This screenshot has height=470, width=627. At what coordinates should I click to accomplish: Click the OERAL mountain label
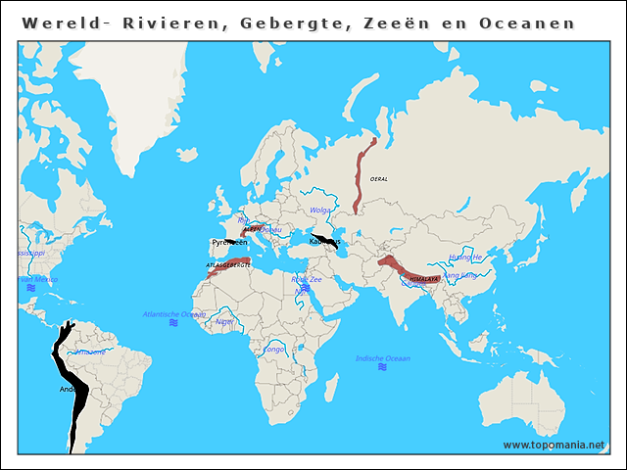point(379,179)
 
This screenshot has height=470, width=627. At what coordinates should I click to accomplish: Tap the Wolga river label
point(319,210)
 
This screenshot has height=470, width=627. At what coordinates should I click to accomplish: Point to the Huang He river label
point(465,258)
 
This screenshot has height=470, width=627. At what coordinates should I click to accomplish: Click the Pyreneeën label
point(229,242)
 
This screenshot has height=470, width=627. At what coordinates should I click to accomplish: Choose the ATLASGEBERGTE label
point(227,265)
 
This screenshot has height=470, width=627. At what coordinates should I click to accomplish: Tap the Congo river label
point(274,349)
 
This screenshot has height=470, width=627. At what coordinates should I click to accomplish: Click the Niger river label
point(224,320)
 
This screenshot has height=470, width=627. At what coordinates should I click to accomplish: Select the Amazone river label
point(90,351)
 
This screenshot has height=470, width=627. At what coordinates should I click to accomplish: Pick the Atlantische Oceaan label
point(174,314)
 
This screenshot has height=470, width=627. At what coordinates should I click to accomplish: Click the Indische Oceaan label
point(382,358)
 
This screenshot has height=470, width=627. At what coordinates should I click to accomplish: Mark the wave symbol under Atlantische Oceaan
point(172,323)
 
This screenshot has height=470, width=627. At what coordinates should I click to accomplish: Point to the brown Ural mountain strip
point(362,176)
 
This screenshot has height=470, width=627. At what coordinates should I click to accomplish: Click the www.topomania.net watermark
point(554,445)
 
